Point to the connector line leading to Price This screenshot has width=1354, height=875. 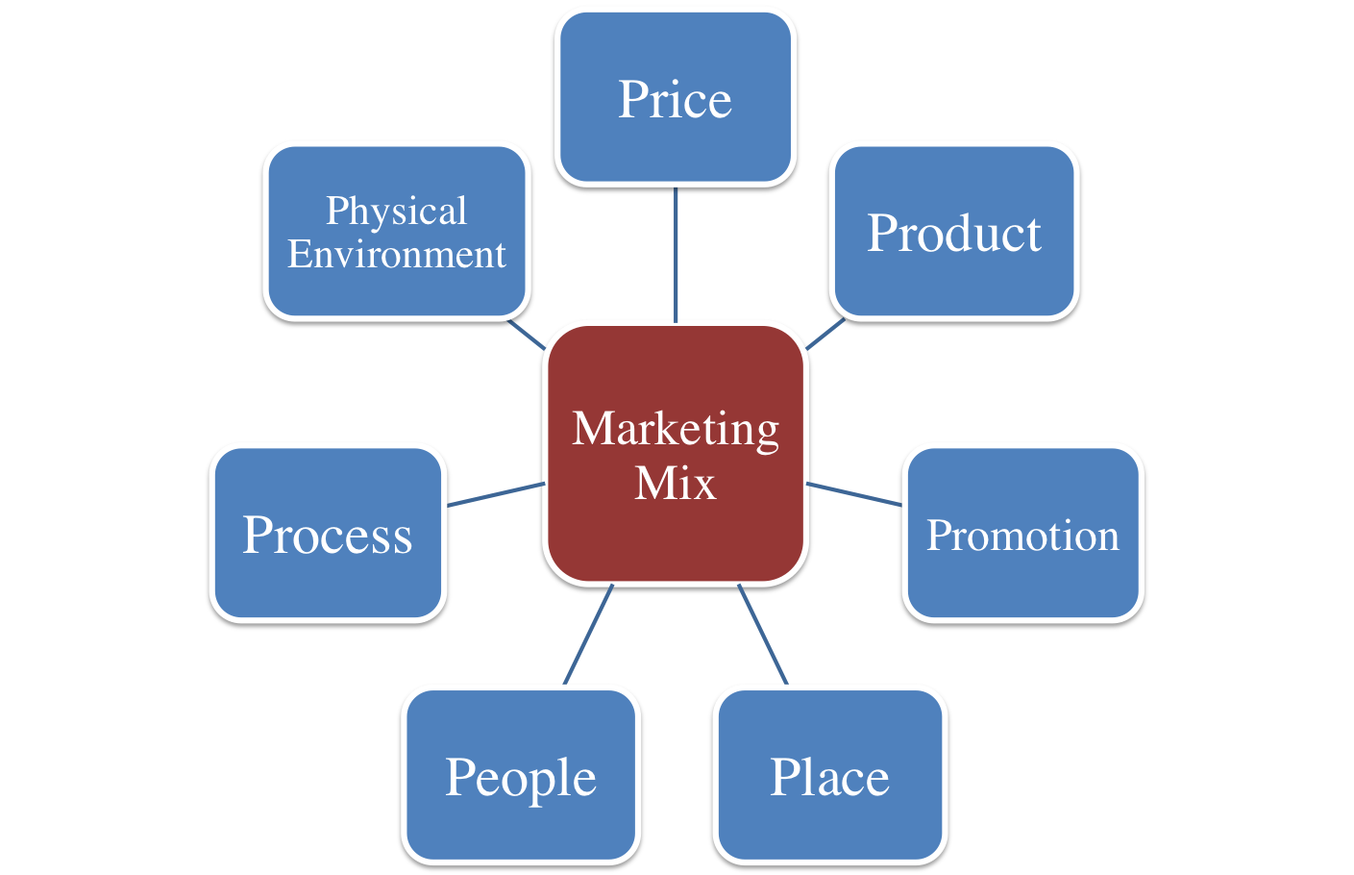coord(676,255)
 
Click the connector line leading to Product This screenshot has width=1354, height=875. coord(825,334)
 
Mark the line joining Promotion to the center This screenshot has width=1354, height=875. coord(853,493)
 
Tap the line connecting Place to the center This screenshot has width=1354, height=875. coord(763,635)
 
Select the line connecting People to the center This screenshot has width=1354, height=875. coord(588,635)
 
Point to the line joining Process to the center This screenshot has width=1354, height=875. coord(496,493)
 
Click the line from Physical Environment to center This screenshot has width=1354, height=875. coord(527,333)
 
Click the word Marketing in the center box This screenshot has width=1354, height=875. coord(676,429)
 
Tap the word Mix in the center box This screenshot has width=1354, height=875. coord(676,483)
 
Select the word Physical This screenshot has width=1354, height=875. coord(396,212)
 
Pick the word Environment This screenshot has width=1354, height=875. coord(396,255)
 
